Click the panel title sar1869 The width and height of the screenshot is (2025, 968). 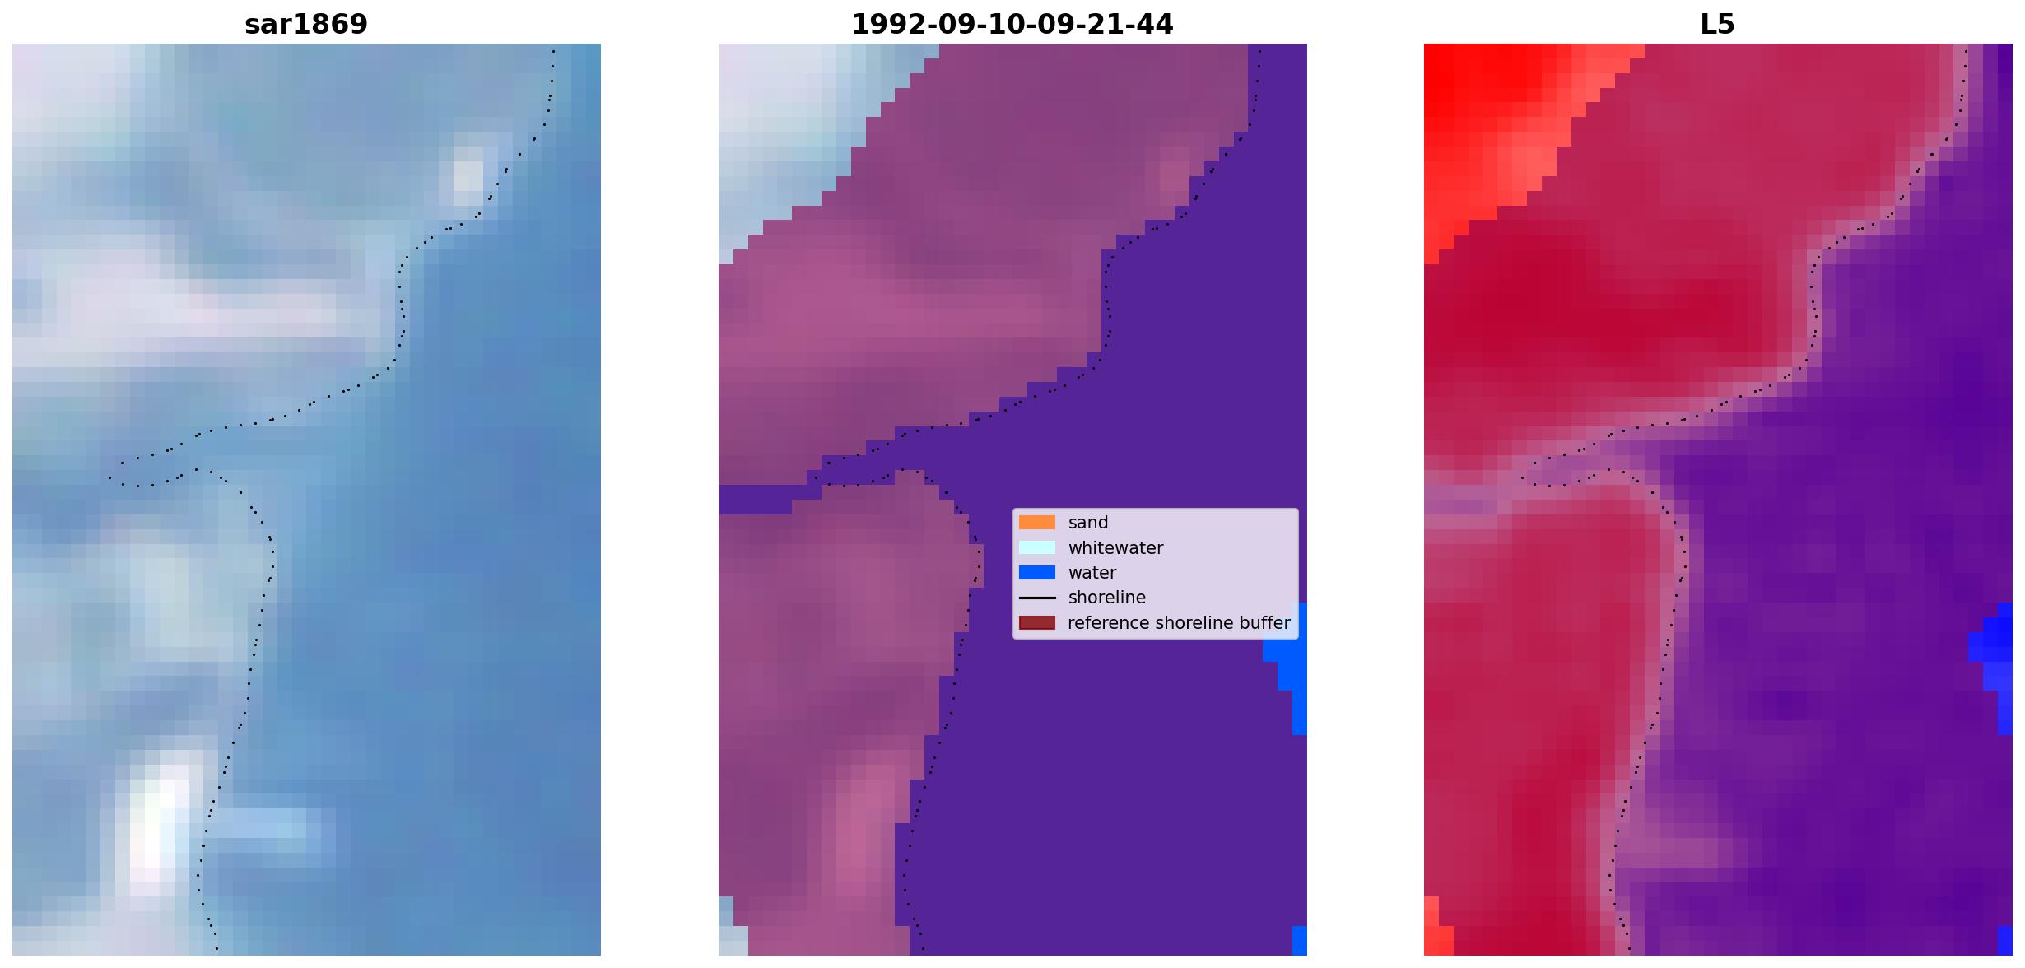point(306,25)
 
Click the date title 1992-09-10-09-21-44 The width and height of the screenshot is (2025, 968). point(1012,25)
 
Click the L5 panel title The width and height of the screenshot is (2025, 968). point(1717,25)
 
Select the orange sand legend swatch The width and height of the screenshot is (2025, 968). point(1037,523)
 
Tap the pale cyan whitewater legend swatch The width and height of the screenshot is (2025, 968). point(1037,547)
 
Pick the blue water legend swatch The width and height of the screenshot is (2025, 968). point(1037,573)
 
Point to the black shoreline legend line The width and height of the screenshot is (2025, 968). point(1037,598)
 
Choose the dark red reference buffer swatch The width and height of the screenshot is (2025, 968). point(1037,623)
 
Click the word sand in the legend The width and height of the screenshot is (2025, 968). point(1088,523)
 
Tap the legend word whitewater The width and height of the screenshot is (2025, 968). point(1115,548)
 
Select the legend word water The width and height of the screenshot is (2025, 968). point(1092,573)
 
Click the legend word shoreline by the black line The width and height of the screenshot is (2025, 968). point(1107,598)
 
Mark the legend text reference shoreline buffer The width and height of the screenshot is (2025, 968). point(1179,623)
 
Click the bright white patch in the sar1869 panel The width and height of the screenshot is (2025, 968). point(158,827)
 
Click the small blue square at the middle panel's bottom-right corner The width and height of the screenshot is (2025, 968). point(1300,941)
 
